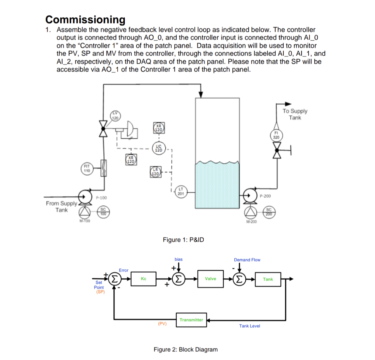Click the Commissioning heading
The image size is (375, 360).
pyautogui.click(x=85, y=19)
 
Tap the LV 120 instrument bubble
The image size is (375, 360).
pyautogui.click(x=115, y=116)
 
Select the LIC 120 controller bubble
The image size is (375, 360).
pyautogui.click(x=159, y=148)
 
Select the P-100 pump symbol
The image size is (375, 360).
pyautogui.click(x=85, y=196)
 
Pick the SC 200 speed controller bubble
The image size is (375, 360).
pyautogui.click(x=269, y=211)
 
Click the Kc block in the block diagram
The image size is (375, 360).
pyautogui.click(x=143, y=279)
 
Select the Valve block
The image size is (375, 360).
pyautogui.click(x=210, y=279)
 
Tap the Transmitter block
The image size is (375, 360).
pyautogui.click(x=191, y=320)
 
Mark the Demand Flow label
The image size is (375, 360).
pyautogui.click(x=247, y=260)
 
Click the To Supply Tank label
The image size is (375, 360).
pyautogui.click(x=295, y=114)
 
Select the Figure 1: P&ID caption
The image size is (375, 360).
pyautogui.click(x=183, y=240)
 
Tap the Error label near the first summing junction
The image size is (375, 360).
pyautogui.click(x=123, y=270)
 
